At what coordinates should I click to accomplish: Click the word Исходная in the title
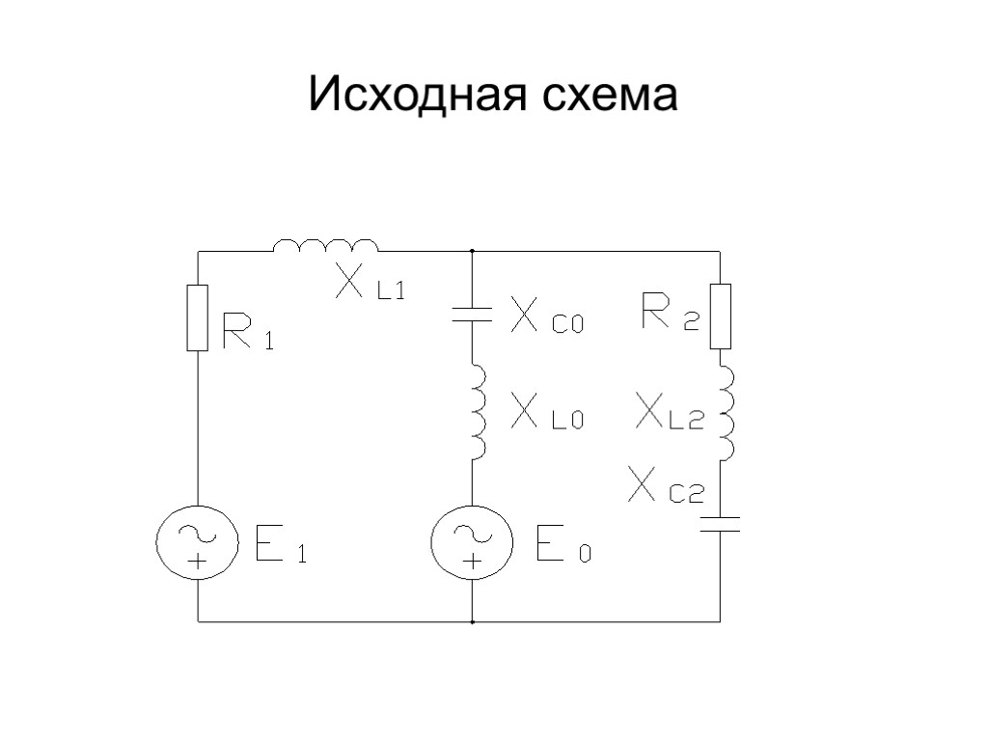click(419, 96)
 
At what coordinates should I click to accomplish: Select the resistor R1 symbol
click(198, 317)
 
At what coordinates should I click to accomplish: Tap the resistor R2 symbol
click(721, 316)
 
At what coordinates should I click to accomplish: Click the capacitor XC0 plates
click(472, 313)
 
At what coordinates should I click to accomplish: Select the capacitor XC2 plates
click(721, 524)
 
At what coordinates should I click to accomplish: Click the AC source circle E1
click(198, 541)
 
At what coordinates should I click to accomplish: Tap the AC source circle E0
click(472, 541)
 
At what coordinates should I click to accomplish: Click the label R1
click(248, 330)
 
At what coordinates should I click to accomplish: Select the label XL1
click(370, 283)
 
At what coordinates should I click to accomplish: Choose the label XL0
click(547, 415)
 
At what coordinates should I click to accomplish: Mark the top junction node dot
click(472, 251)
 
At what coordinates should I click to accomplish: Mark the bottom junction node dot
click(472, 622)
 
